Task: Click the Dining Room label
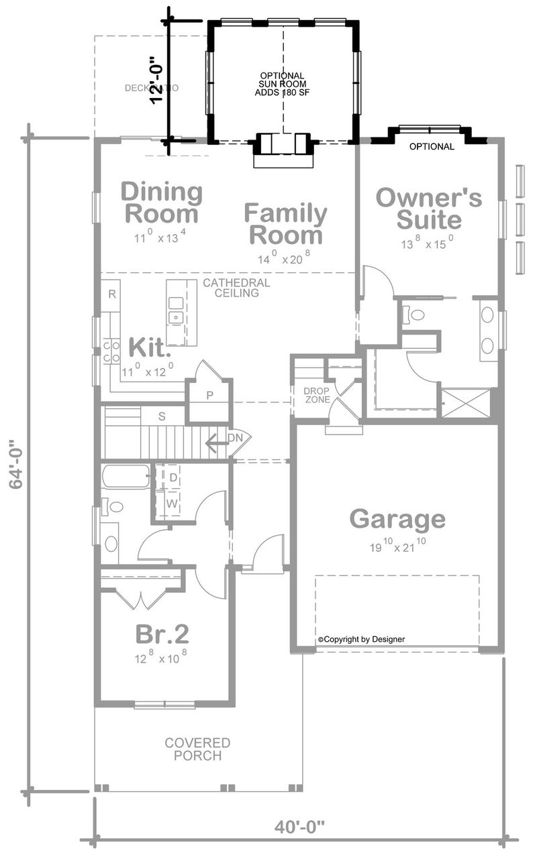coord(161,203)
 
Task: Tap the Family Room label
coord(285,225)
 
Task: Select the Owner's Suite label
coord(428,209)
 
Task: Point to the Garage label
coord(397,519)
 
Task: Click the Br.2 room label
coord(162,633)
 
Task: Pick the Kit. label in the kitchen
coord(150,348)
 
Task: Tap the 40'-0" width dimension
coord(299,827)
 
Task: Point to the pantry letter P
coord(209,396)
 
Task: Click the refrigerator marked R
coord(113,294)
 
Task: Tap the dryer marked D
coord(173,477)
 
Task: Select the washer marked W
coord(172,503)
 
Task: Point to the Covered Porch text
coord(197,749)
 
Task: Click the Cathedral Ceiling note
coord(236,288)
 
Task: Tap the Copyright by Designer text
coord(361,639)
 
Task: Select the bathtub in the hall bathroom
coord(126,477)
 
